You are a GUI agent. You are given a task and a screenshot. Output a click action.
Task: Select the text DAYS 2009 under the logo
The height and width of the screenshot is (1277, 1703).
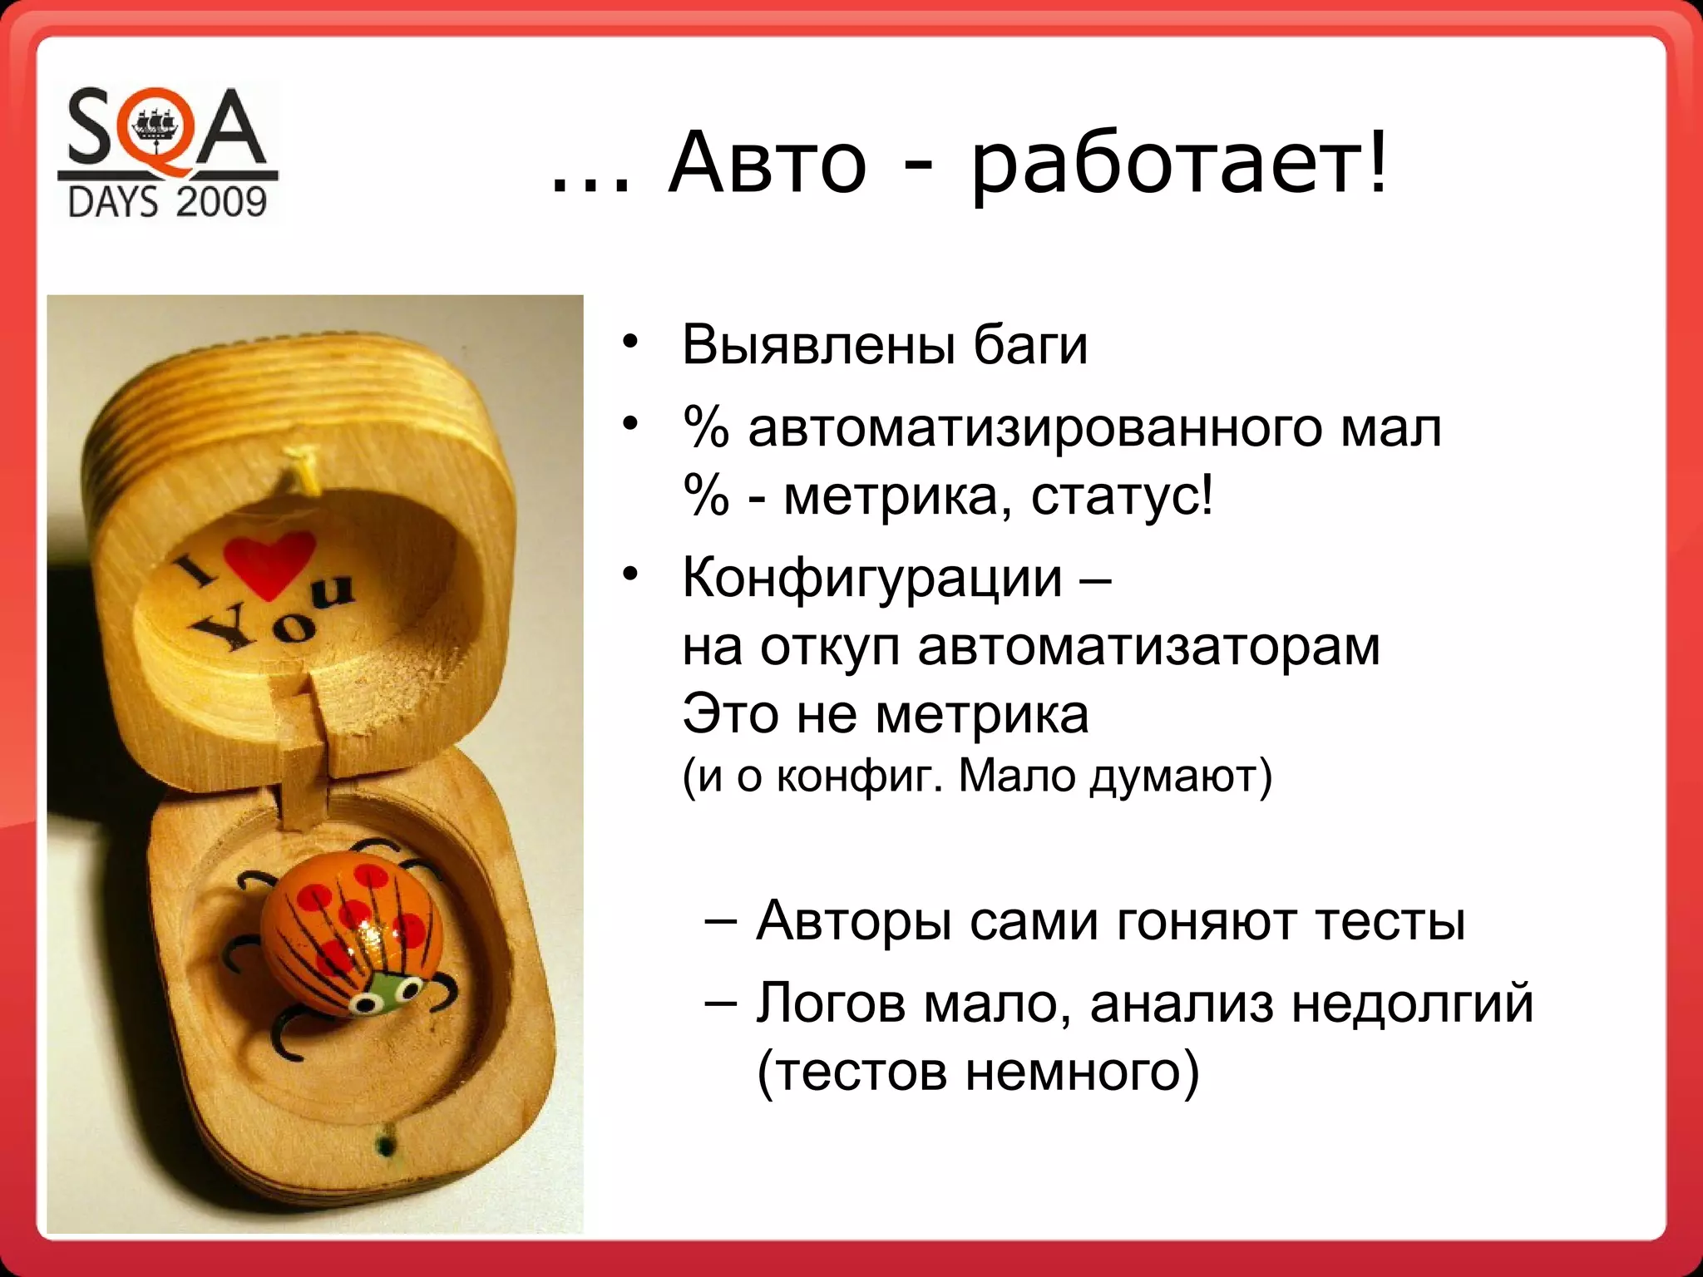[x=167, y=202]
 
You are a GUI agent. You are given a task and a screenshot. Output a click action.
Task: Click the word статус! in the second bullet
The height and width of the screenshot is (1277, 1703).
[x=1122, y=496]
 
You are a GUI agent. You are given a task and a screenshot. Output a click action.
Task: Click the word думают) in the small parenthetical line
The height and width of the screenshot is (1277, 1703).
[x=1180, y=777]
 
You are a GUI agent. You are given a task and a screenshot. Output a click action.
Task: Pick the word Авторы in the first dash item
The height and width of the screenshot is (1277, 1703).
[x=853, y=921]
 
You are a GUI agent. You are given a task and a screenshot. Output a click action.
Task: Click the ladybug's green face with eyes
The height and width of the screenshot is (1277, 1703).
[x=384, y=995]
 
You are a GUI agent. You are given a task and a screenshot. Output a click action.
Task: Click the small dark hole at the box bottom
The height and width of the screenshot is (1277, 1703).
[x=385, y=1146]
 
